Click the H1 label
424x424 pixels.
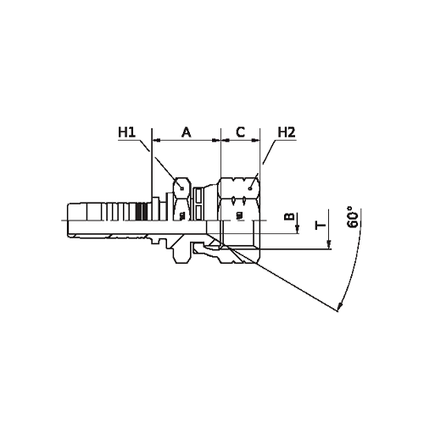point(126,132)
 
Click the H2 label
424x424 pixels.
point(287,132)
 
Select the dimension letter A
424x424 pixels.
point(186,132)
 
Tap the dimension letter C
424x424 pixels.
point(240,132)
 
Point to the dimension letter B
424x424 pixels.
point(289,216)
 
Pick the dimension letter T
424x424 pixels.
point(321,226)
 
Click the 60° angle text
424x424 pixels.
point(353,217)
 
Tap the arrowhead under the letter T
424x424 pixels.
point(329,244)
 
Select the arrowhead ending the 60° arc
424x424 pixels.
point(340,306)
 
